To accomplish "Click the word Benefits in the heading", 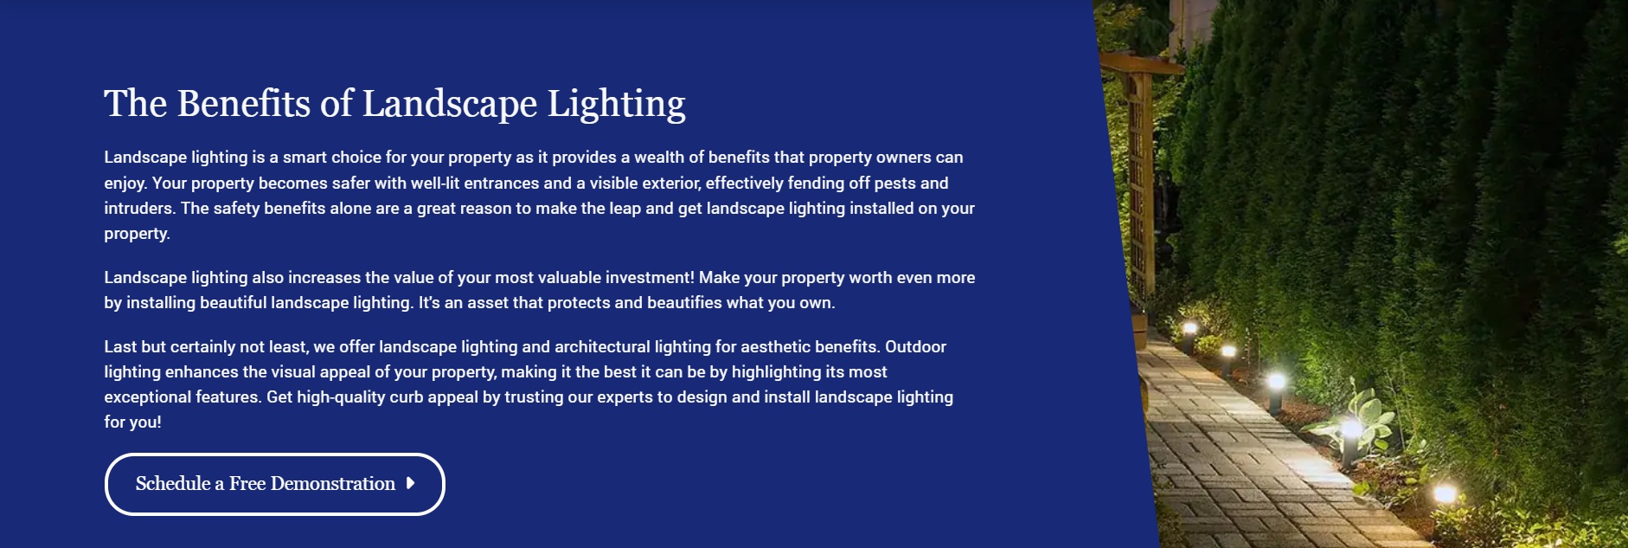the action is click(244, 104).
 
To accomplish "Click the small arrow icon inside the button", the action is click(411, 483).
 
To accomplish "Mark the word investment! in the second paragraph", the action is click(650, 277).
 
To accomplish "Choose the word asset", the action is click(487, 302).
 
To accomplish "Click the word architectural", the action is click(602, 346).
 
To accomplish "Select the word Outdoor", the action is click(915, 346).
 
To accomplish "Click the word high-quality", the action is click(341, 396).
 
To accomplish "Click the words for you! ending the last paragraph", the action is click(132, 422).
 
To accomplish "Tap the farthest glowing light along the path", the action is click(1189, 329).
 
